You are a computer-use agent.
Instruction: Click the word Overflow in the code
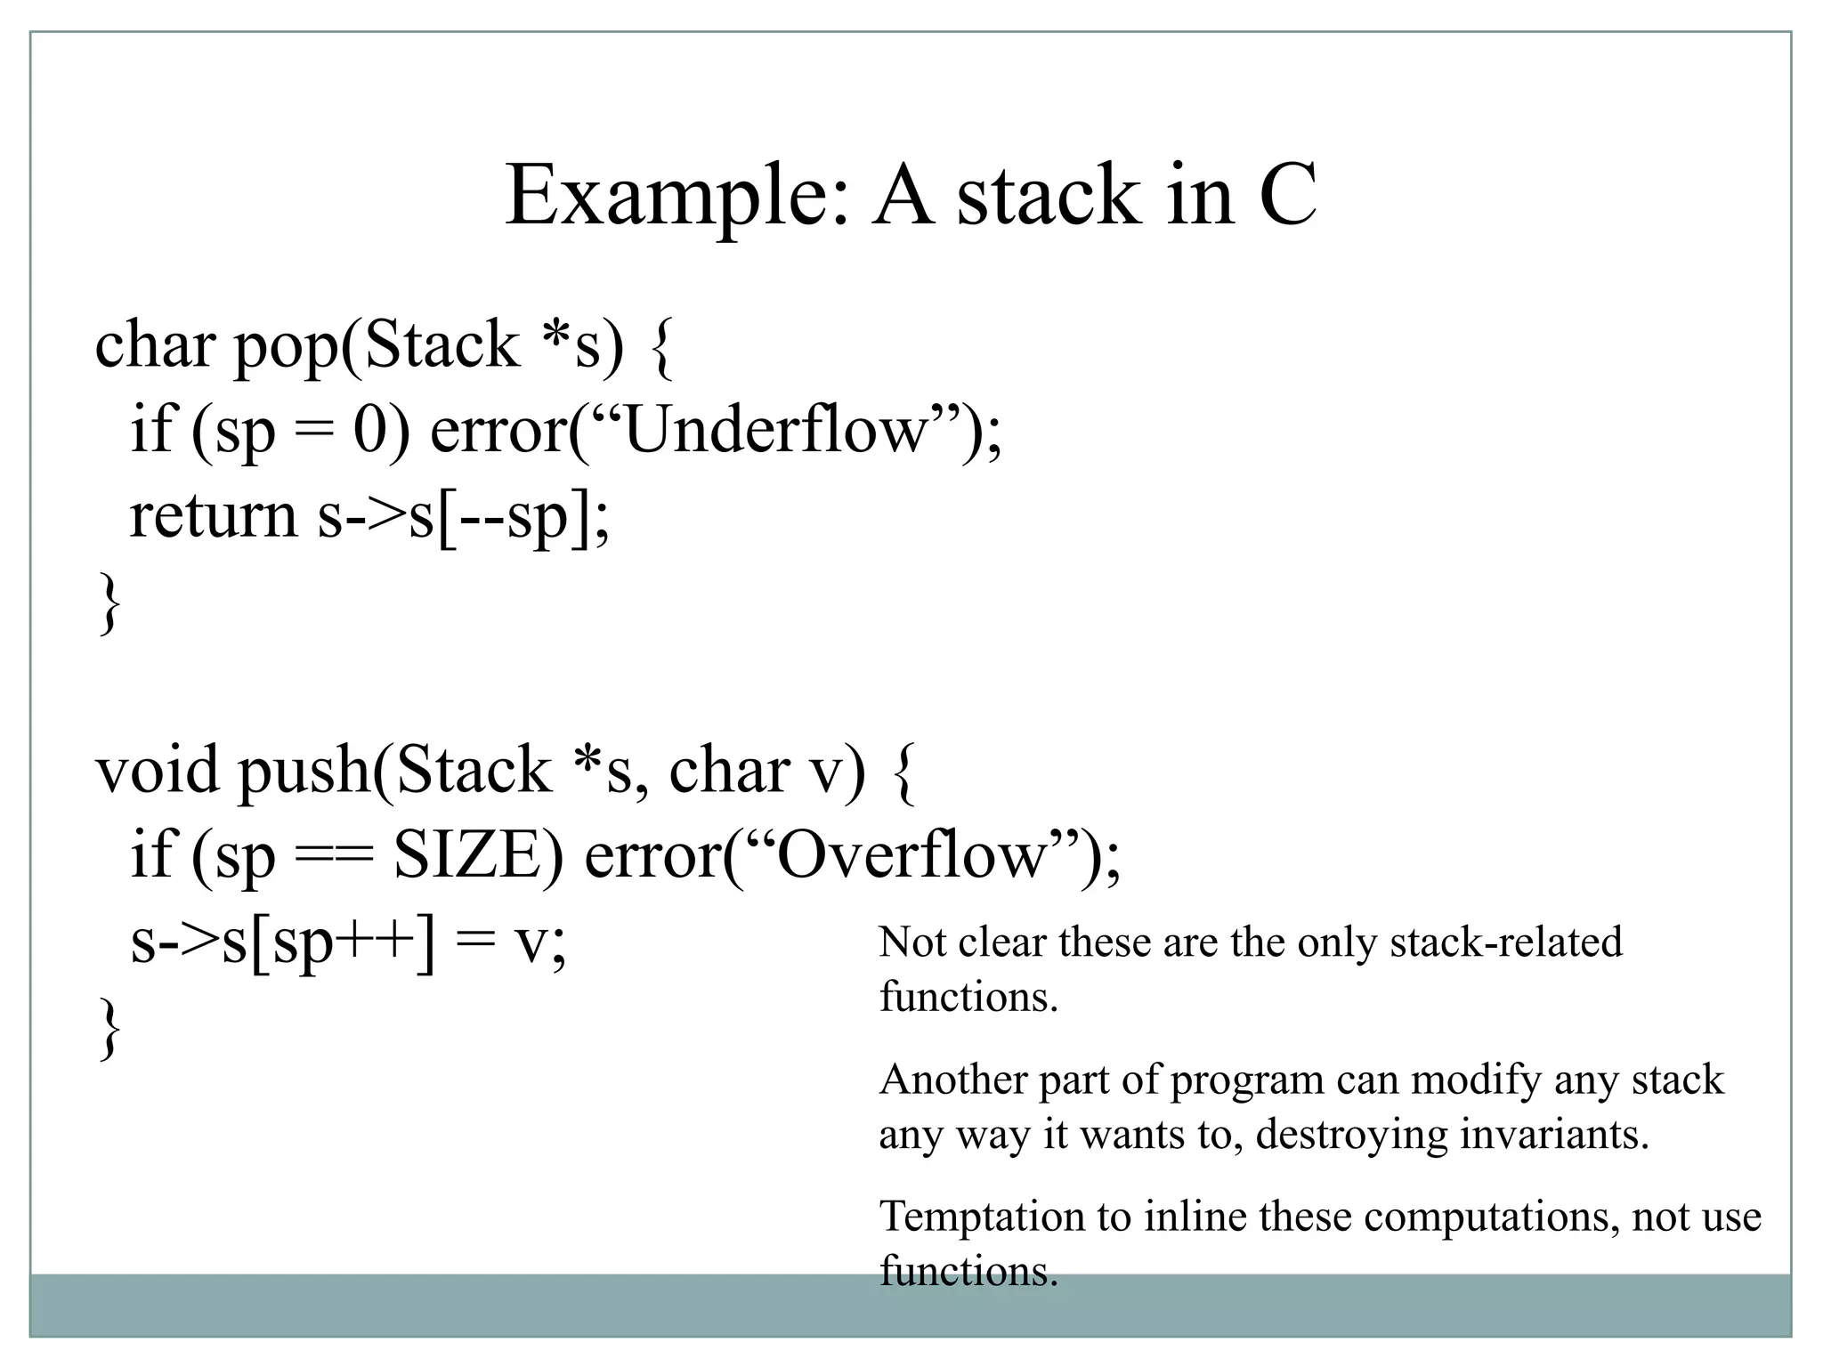coord(912,855)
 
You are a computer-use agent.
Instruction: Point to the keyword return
coord(213,515)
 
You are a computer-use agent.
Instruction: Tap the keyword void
coord(157,770)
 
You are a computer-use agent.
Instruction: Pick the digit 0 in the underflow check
coord(369,431)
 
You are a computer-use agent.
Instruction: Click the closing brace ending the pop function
coord(108,604)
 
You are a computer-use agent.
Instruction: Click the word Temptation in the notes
coord(982,1217)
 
